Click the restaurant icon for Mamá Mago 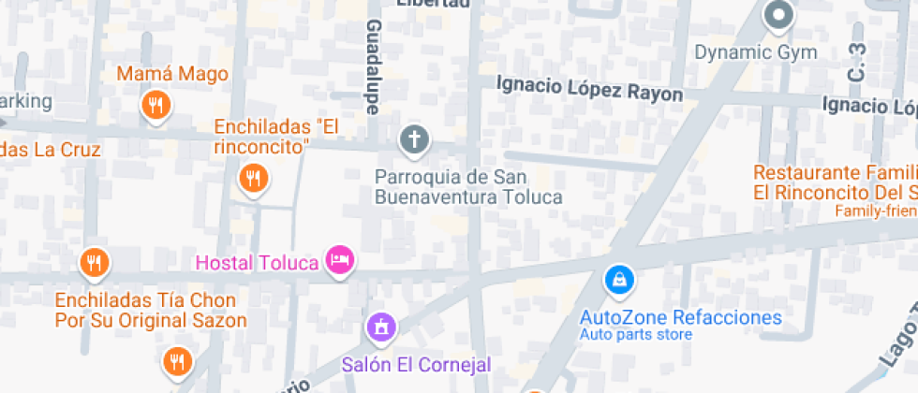point(155,105)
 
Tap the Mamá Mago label point(172,74)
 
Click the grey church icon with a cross point(413,141)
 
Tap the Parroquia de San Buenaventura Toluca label point(468,187)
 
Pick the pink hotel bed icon point(339,259)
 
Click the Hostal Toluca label point(257,262)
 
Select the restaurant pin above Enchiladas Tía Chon point(94,263)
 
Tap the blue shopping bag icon point(619,279)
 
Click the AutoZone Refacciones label point(680,317)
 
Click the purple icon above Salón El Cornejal point(380,327)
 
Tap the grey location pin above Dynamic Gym point(778,15)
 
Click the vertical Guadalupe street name point(374,67)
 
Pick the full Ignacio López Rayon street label point(589,89)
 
